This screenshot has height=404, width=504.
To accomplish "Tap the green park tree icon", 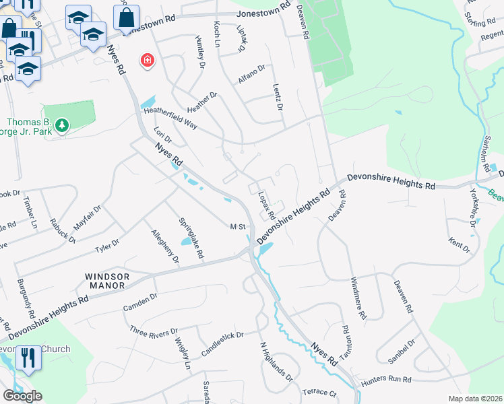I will (x=62, y=125).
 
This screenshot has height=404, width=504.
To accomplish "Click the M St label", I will (x=237, y=228).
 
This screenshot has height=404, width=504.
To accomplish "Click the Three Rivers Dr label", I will (x=153, y=332).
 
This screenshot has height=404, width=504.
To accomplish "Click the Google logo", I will (x=22, y=395).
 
